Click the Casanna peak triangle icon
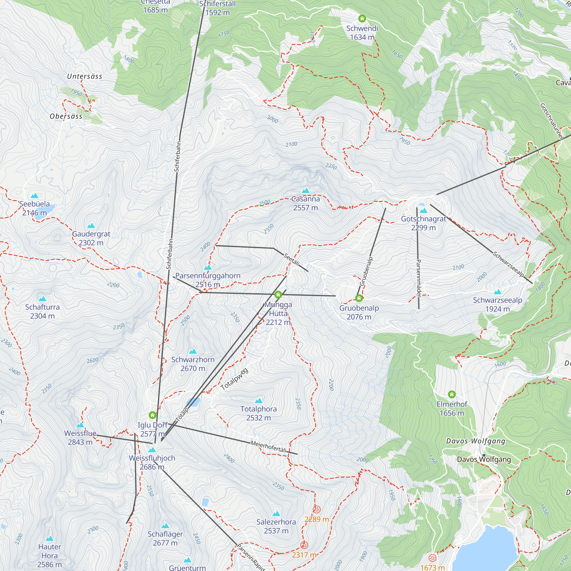point(305,191)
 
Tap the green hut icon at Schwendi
point(362,19)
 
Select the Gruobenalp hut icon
point(359,298)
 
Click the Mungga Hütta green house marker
point(278,295)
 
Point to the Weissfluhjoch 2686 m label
point(152,462)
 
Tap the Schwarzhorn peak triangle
point(193,351)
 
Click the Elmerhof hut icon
point(452,394)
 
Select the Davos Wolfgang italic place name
point(476,441)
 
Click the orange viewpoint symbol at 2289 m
point(317,510)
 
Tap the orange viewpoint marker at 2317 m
point(304,545)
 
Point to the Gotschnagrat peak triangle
point(423,210)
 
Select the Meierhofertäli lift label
point(268,447)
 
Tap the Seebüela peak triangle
point(35,196)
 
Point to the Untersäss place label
point(85,76)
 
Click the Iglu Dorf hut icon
point(152,415)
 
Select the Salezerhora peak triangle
point(276,514)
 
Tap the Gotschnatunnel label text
point(551,121)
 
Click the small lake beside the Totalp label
point(193,402)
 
